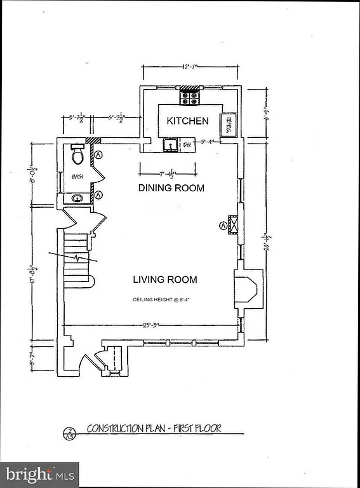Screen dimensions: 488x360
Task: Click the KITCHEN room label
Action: (187, 121)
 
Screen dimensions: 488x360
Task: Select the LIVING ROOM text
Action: (164, 280)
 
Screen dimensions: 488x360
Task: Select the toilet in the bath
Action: (77, 154)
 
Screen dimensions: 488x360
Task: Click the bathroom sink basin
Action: (77, 198)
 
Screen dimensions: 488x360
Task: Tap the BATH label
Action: (77, 177)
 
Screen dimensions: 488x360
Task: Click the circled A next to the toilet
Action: (99, 154)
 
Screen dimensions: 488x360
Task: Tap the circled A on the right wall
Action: (223, 225)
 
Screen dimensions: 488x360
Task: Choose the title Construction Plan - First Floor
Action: (154, 428)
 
